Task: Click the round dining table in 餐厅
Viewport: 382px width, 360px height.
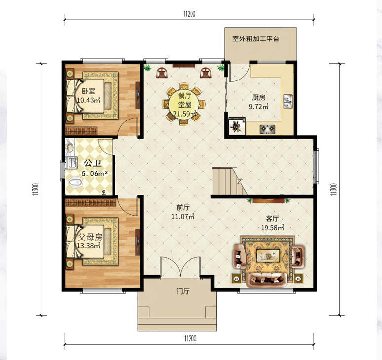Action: coord(184,105)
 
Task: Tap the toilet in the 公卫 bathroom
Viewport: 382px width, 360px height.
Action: coord(75,182)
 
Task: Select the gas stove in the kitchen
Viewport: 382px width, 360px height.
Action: coord(267,129)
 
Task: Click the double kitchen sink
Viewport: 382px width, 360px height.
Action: coord(288,101)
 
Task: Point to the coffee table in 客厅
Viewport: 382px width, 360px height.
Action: coord(268,255)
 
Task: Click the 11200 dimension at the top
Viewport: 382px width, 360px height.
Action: coord(190,14)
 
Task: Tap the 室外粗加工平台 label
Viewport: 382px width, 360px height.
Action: coord(256,39)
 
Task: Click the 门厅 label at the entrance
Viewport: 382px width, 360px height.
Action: coord(183,291)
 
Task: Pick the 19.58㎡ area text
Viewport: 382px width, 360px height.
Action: coord(272,228)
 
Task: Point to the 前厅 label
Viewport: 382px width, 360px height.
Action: coord(183,208)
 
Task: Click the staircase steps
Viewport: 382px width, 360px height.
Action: coord(226,181)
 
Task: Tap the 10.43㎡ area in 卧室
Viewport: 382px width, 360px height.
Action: coord(89,100)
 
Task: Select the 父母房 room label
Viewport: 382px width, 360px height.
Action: coord(90,237)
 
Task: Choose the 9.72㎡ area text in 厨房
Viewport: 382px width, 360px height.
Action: coord(259,107)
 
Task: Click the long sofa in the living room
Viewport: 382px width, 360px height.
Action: coord(267,280)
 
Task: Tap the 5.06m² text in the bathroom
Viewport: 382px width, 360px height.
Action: coord(95,174)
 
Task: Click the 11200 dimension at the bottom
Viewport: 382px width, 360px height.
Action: coord(191,339)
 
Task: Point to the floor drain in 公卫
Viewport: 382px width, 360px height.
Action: coord(104,192)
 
